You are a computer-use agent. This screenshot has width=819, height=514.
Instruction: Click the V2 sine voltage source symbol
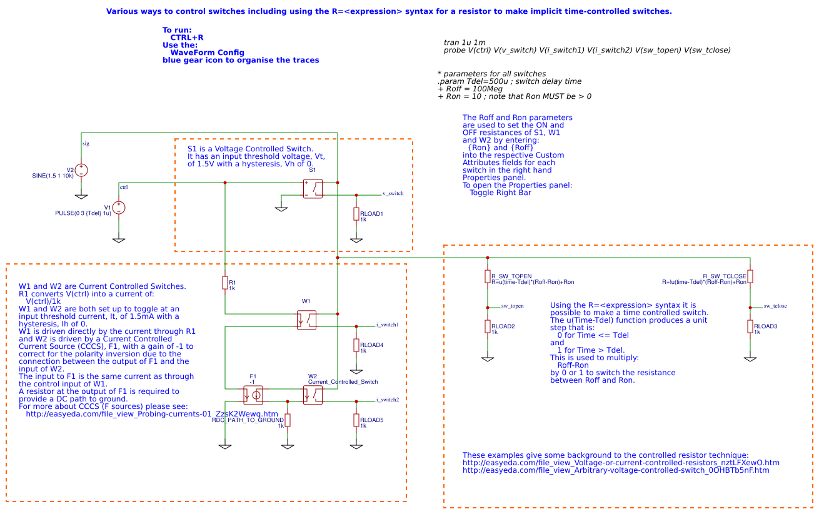[x=81, y=170]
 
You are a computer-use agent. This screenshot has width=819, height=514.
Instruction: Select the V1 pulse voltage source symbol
[x=119, y=208]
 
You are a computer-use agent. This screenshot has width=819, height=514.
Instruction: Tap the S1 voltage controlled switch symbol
[x=313, y=189]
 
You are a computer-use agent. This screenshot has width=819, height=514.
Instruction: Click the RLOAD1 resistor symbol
[x=356, y=214]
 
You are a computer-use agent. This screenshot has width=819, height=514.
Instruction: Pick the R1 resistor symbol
[x=225, y=283]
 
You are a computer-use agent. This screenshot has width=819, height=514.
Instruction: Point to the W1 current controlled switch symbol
[x=306, y=320]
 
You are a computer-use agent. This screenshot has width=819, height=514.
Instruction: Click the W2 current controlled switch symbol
[x=313, y=395]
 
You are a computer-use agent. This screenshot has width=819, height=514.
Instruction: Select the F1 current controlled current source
[x=253, y=395]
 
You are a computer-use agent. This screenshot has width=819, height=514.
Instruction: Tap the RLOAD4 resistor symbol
[x=356, y=345]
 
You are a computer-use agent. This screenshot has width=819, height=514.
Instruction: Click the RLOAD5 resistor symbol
[x=356, y=420]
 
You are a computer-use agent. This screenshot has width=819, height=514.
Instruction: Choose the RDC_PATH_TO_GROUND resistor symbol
[x=288, y=420]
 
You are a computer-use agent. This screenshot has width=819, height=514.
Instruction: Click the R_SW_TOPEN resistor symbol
[x=488, y=276]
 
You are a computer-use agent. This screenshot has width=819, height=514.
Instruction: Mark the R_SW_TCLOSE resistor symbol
[x=750, y=276]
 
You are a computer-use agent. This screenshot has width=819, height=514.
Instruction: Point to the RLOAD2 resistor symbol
[x=488, y=326]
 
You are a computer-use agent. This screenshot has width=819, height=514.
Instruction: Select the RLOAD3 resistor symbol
[x=750, y=326]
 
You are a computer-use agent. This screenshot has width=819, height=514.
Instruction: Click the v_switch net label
[x=393, y=194]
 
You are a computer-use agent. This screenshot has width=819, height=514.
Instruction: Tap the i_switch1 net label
[x=387, y=325]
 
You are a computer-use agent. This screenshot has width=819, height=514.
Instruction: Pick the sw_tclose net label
[x=775, y=306]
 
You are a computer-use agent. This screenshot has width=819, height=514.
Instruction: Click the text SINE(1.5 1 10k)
[x=53, y=176]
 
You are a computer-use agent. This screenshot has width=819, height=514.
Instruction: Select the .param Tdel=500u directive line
[x=510, y=81]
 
